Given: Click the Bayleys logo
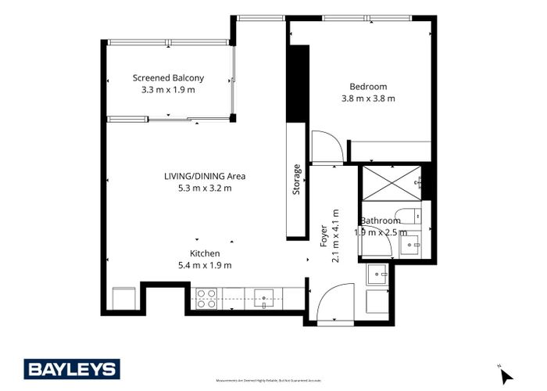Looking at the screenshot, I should point(71,369).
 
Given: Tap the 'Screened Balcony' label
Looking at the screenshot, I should point(168,77).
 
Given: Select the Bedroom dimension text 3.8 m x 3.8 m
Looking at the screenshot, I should point(368,99).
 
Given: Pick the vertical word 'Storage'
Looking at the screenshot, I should point(296,179).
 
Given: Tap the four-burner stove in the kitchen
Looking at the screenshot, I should point(206,298).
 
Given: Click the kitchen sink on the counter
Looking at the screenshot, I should point(263,298).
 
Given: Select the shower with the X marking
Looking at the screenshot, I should point(389,183).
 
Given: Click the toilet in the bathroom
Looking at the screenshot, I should point(407,215).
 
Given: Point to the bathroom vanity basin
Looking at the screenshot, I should point(410,245).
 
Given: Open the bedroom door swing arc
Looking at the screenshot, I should point(327,148).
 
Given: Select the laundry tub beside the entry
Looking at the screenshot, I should point(377,274).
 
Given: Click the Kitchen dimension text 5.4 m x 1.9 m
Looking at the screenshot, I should point(205,265).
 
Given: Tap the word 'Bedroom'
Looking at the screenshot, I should point(368,86).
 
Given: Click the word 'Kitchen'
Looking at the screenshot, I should point(205,253).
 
